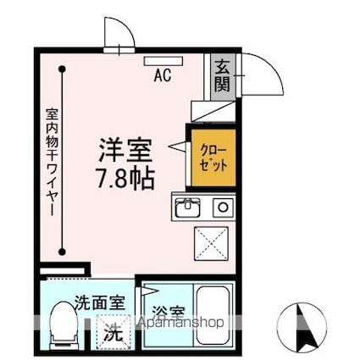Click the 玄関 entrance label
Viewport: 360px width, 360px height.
[221, 75]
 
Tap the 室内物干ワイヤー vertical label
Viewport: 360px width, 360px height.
[50, 161]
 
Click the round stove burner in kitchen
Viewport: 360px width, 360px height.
[222, 206]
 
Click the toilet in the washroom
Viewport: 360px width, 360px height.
[62, 324]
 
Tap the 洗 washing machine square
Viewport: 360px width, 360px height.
[111, 331]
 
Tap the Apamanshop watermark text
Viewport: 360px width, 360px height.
[177, 323]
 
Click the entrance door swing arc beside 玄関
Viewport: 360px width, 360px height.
[265, 80]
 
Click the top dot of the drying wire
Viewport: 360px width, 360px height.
[63, 71]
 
